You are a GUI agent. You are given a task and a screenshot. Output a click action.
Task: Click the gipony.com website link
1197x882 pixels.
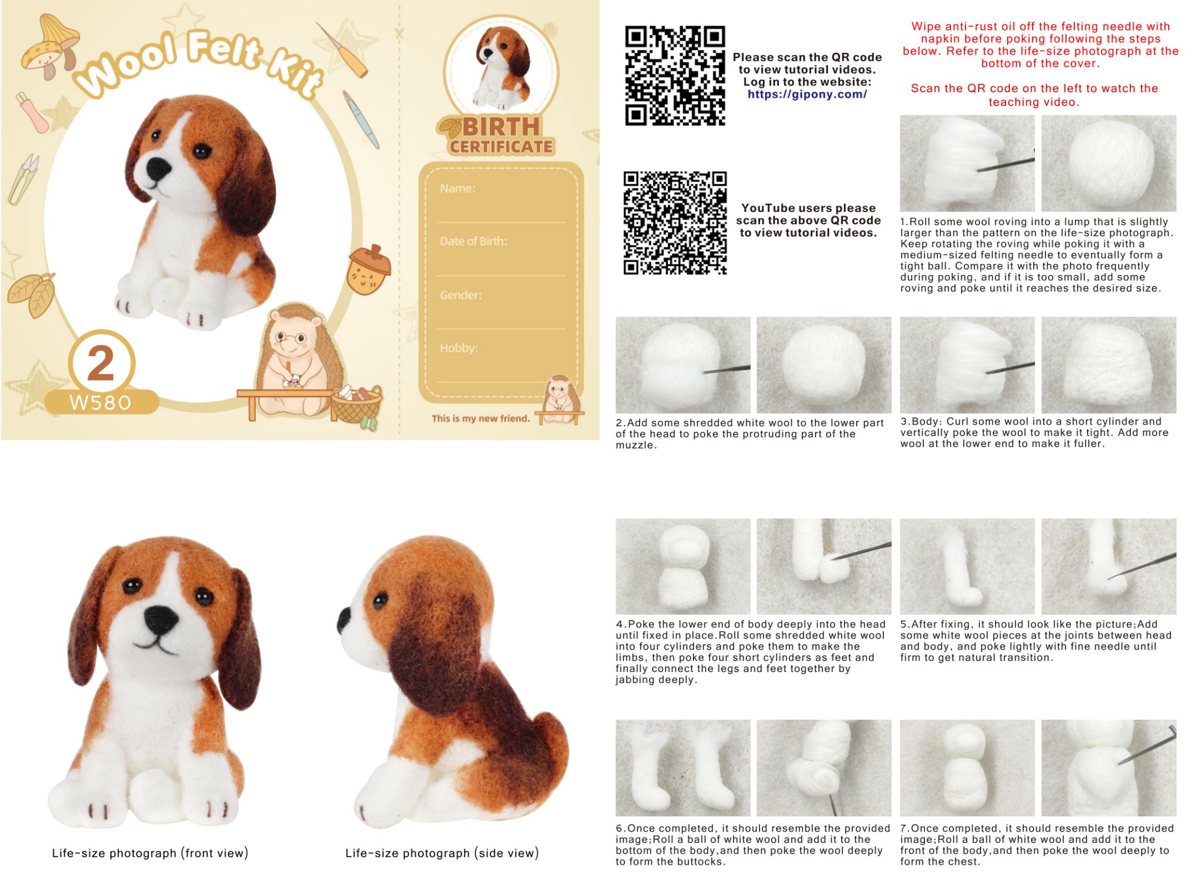(x=807, y=94)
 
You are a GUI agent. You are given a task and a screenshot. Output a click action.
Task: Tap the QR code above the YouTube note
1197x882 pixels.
(x=675, y=223)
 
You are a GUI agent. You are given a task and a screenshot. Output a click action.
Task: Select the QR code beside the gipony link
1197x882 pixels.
(x=675, y=76)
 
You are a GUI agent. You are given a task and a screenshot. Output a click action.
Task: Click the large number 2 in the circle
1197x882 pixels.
(x=100, y=363)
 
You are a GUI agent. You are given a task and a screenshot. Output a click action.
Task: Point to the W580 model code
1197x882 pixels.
(x=100, y=403)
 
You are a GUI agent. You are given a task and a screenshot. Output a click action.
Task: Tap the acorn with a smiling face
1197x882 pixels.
(x=369, y=270)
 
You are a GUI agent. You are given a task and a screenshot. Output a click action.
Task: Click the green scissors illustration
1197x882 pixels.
(x=23, y=179)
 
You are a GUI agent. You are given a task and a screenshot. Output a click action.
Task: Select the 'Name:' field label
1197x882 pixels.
(x=457, y=188)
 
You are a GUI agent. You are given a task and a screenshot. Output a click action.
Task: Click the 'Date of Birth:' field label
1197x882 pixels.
(x=473, y=242)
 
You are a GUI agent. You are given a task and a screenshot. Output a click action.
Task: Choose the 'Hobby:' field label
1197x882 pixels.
(x=459, y=348)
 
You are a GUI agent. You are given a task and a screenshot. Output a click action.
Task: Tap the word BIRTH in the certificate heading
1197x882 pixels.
(x=501, y=127)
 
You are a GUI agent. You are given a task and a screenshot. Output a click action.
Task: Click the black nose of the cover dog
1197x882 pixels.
(x=158, y=170)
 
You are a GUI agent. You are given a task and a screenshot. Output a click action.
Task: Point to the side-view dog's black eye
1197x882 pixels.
(x=380, y=600)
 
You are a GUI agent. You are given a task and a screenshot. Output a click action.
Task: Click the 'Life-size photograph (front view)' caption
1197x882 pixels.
(x=150, y=853)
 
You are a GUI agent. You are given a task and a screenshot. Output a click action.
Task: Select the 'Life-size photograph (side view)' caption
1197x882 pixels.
(x=442, y=853)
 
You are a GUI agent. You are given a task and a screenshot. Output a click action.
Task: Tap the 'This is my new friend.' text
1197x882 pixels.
(x=480, y=418)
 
